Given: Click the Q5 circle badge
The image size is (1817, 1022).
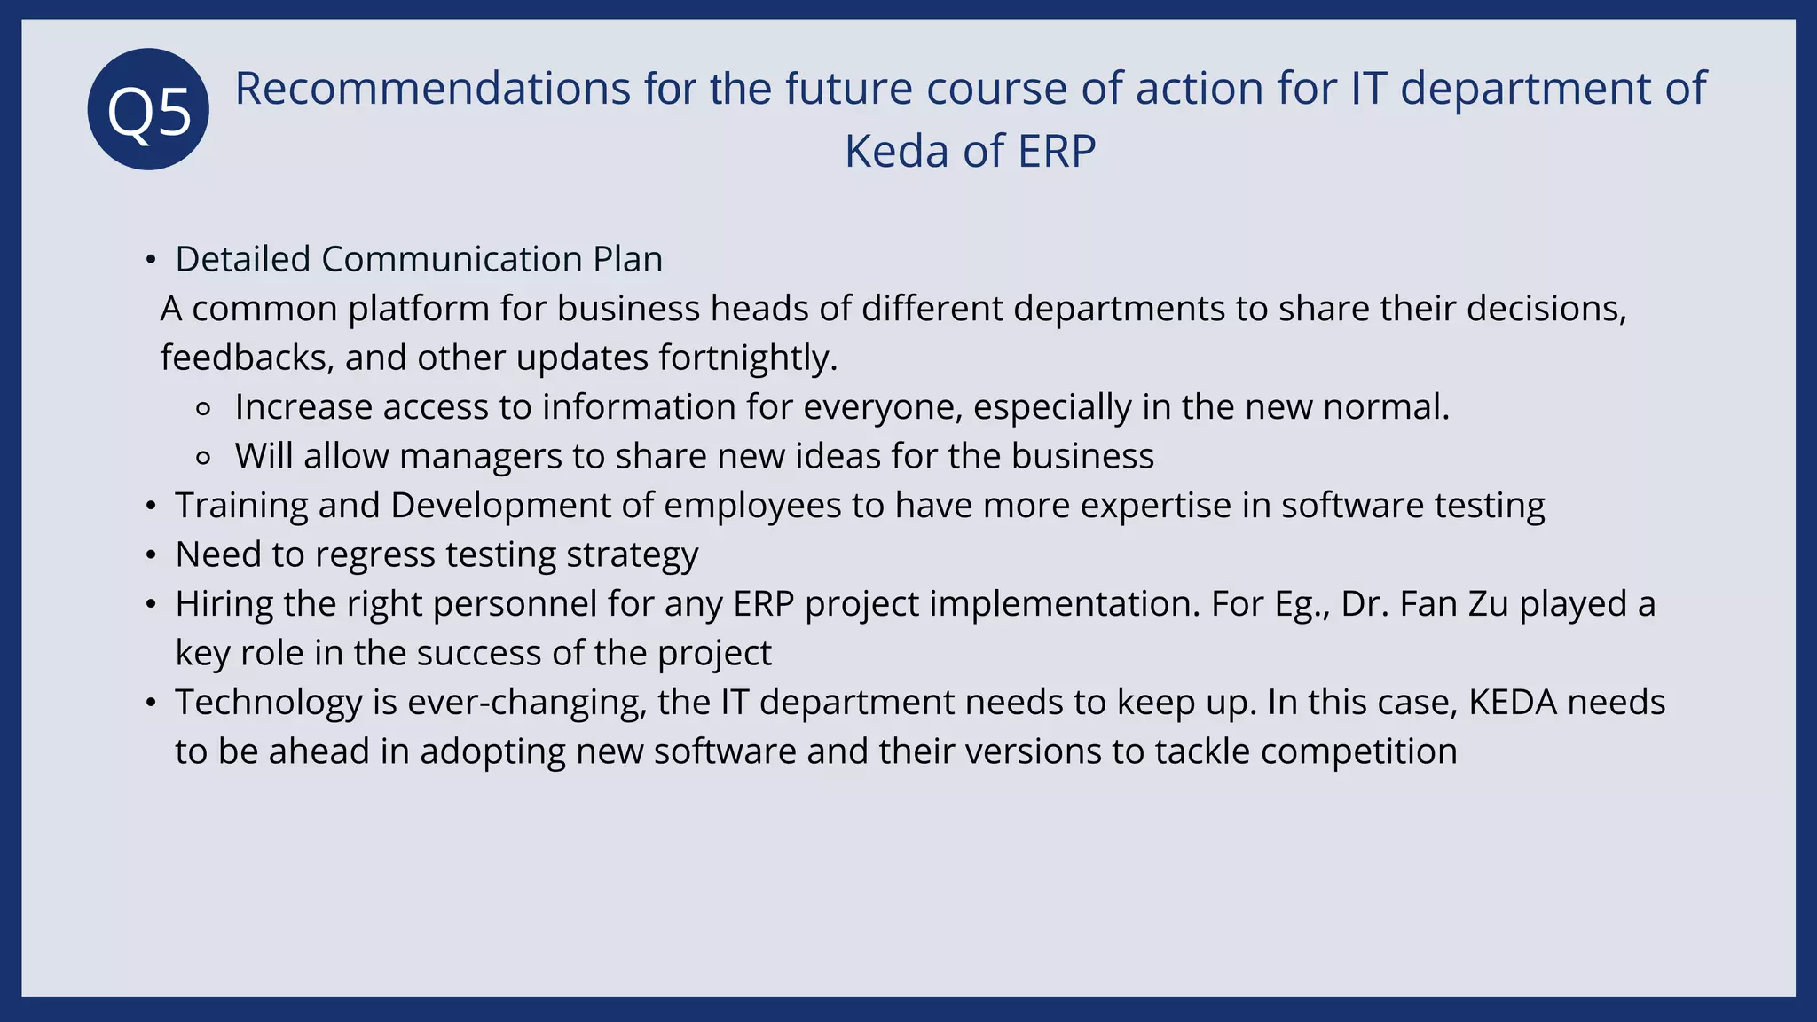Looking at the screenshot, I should click(148, 109).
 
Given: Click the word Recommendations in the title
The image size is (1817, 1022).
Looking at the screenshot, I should click(432, 89).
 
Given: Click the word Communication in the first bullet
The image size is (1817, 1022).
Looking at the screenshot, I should click(452, 260).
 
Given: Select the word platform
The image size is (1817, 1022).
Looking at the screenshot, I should click(418, 310).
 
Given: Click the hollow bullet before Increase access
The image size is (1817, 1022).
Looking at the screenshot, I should click(203, 409).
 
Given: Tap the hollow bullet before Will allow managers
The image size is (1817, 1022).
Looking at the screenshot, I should click(203, 458).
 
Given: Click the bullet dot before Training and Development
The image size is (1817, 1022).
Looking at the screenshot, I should click(151, 507).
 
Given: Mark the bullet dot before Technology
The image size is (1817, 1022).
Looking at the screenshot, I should click(151, 703).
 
